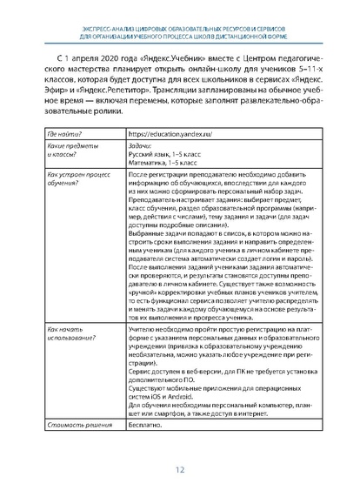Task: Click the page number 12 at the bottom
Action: coord(180,471)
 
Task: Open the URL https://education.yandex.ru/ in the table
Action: coord(166,135)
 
